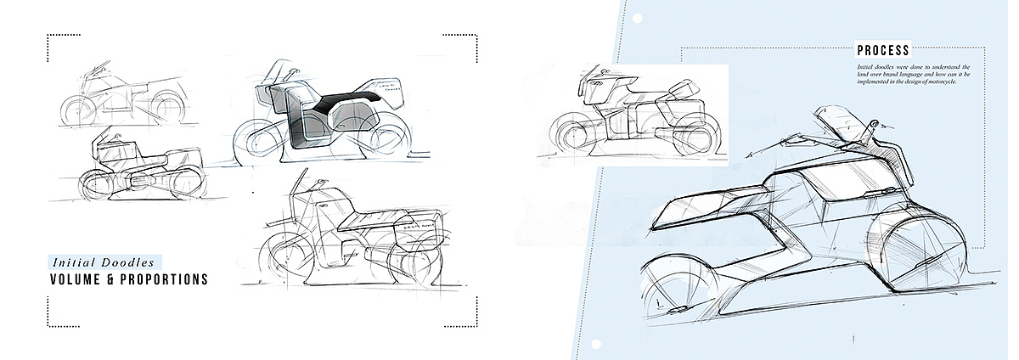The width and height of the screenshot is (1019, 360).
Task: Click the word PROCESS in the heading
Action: click(x=882, y=51)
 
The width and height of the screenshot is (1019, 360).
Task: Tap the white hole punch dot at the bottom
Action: click(x=595, y=344)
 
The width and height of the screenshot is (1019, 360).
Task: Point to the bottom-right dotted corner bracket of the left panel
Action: click(x=471, y=318)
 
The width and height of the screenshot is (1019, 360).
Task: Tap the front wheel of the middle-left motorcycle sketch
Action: click(x=95, y=183)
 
